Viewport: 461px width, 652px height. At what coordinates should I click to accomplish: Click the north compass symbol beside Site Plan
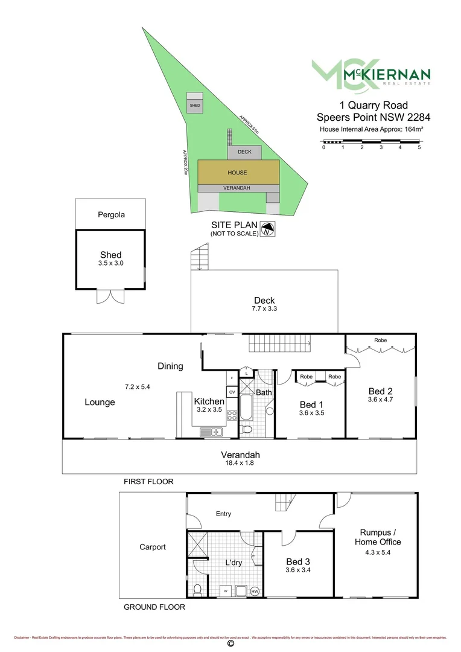pyautogui.click(x=268, y=229)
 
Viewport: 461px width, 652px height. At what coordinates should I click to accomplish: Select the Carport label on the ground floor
pyautogui.click(x=152, y=547)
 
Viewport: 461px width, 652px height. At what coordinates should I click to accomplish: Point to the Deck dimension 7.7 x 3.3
pyautogui.click(x=264, y=308)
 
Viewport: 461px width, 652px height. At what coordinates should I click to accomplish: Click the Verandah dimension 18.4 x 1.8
pyautogui.click(x=240, y=464)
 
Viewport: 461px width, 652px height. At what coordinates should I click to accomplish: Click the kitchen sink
pyautogui.click(x=211, y=431)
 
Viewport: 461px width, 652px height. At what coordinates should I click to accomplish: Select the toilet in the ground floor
pyautogui.click(x=198, y=589)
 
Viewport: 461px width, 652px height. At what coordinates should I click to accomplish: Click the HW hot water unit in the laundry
pyautogui.click(x=255, y=591)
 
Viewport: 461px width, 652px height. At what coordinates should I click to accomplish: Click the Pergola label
pyautogui.click(x=111, y=214)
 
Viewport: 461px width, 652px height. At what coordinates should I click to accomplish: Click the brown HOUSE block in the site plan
pyautogui.click(x=238, y=172)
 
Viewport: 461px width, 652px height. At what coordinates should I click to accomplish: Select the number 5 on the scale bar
pyautogui.click(x=419, y=147)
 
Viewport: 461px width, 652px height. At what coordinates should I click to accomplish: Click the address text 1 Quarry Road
pyautogui.click(x=374, y=105)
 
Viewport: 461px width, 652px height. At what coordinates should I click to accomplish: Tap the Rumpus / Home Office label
pyautogui.click(x=380, y=537)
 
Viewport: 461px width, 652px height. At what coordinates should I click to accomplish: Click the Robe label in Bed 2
pyautogui.click(x=380, y=340)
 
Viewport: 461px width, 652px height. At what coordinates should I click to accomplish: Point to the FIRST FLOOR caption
pyautogui.click(x=148, y=482)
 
